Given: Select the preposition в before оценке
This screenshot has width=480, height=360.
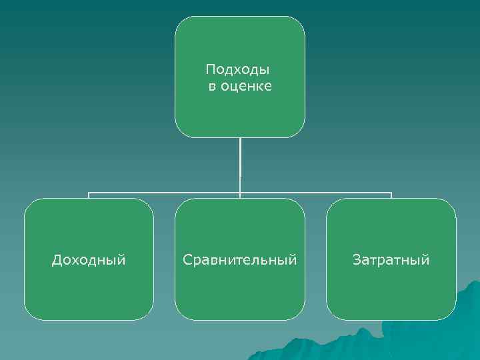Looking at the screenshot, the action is click(212, 87).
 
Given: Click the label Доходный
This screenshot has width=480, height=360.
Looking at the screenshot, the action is click(89, 260).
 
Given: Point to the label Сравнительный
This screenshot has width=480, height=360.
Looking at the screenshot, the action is click(240, 260).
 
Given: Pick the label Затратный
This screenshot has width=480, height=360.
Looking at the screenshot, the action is click(391, 260).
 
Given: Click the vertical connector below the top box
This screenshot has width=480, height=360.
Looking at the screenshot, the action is click(240, 163).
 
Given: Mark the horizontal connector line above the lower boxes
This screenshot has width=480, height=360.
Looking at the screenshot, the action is click(167, 193).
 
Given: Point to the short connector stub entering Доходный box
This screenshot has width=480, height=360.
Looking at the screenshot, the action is click(89, 195).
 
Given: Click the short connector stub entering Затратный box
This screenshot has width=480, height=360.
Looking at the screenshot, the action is click(391, 195).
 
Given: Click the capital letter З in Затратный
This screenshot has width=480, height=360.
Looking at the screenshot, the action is click(357, 259).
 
